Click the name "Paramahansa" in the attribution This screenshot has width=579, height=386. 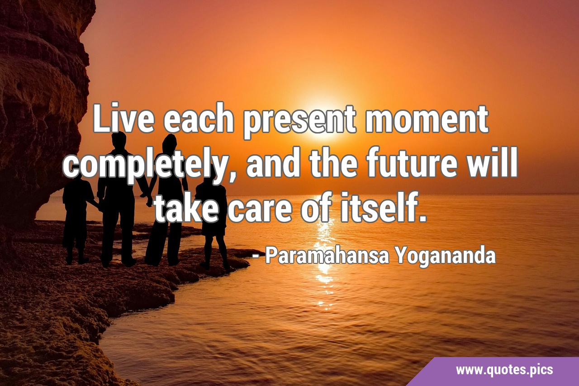327,256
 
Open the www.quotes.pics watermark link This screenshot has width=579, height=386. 504,370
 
